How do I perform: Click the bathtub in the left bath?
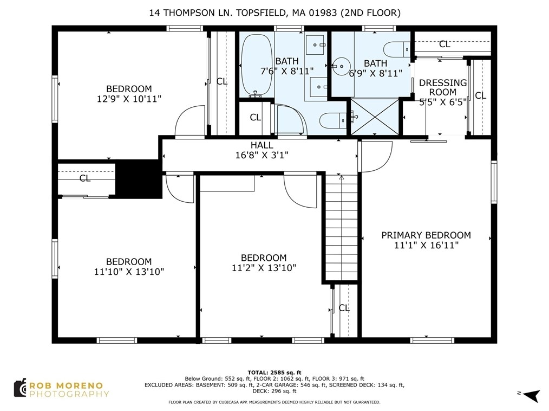256,65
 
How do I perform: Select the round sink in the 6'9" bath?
341,66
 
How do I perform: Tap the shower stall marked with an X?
375,117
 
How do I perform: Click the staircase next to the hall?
342,227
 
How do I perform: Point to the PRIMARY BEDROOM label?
426,235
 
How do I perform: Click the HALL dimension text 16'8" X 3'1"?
262,155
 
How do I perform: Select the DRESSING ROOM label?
443,87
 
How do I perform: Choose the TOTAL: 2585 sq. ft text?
274,373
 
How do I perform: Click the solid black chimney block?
139,179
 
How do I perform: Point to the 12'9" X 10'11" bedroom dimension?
129,99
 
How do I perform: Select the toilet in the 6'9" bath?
397,49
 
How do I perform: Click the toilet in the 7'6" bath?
333,120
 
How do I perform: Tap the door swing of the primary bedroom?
377,156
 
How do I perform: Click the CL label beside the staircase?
344,308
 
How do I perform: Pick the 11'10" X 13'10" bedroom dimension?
129,272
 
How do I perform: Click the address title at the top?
274,13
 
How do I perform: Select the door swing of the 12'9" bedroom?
190,120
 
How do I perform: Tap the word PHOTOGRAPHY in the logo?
69,394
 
